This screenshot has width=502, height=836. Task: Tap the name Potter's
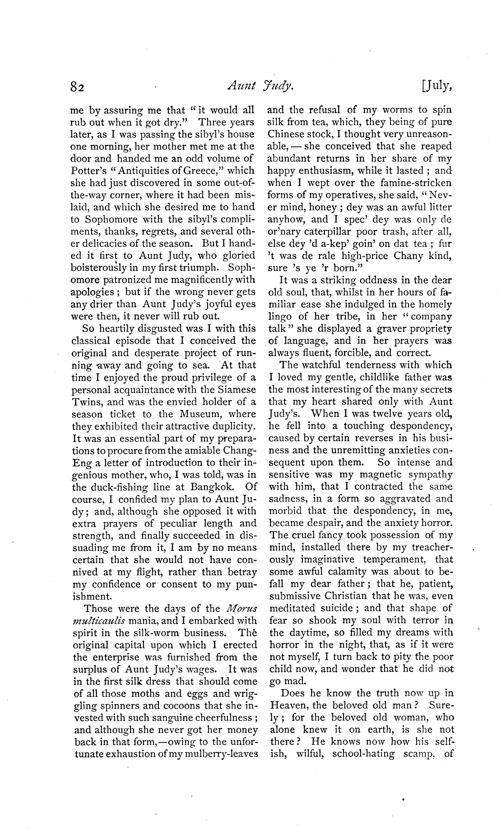88,171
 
